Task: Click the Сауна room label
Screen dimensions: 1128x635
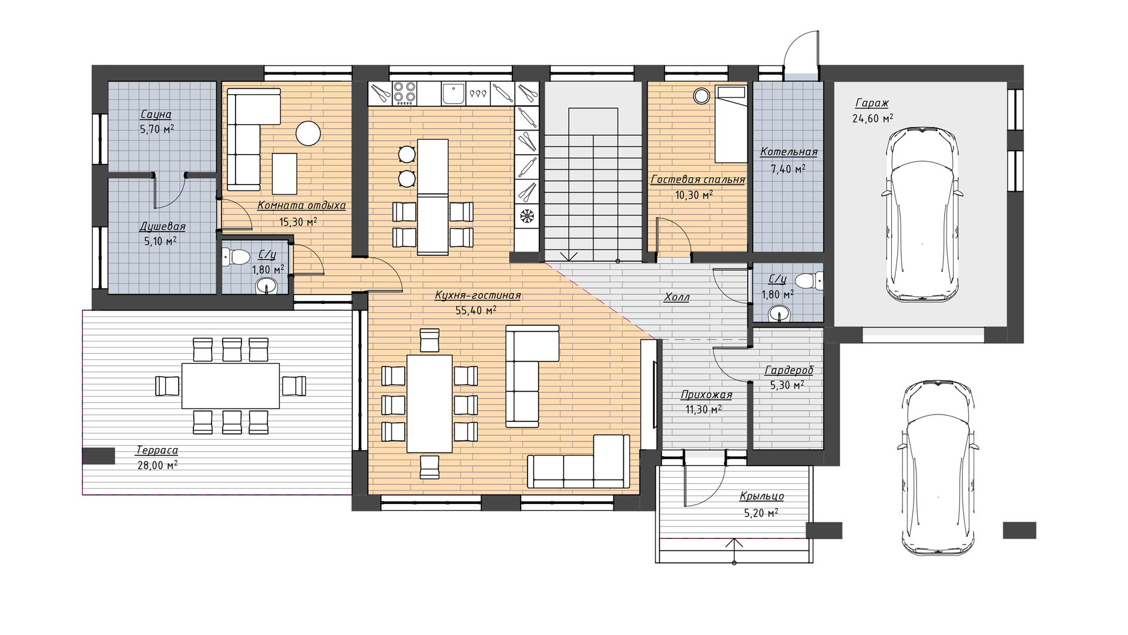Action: tap(156, 114)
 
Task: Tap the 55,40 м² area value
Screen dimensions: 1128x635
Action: tap(476, 310)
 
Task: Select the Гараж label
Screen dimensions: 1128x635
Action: tap(872, 103)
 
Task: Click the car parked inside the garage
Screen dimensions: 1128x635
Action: tap(922, 215)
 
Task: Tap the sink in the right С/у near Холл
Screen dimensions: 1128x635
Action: tap(780, 314)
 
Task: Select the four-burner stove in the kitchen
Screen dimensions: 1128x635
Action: tap(404, 92)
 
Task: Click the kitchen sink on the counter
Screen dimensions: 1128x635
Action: tap(453, 93)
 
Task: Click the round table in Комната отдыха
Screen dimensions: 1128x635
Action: tap(308, 133)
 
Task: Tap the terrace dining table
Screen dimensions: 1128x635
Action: tap(230, 386)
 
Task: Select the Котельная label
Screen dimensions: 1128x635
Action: tap(788, 152)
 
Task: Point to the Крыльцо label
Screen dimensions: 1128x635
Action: tap(761, 497)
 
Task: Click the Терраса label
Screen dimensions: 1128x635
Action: tap(157, 450)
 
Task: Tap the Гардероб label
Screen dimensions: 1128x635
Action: tap(789, 370)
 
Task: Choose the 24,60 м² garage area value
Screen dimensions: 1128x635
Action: tap(873, 118)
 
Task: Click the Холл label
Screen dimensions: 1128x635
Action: tap(676, 298)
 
